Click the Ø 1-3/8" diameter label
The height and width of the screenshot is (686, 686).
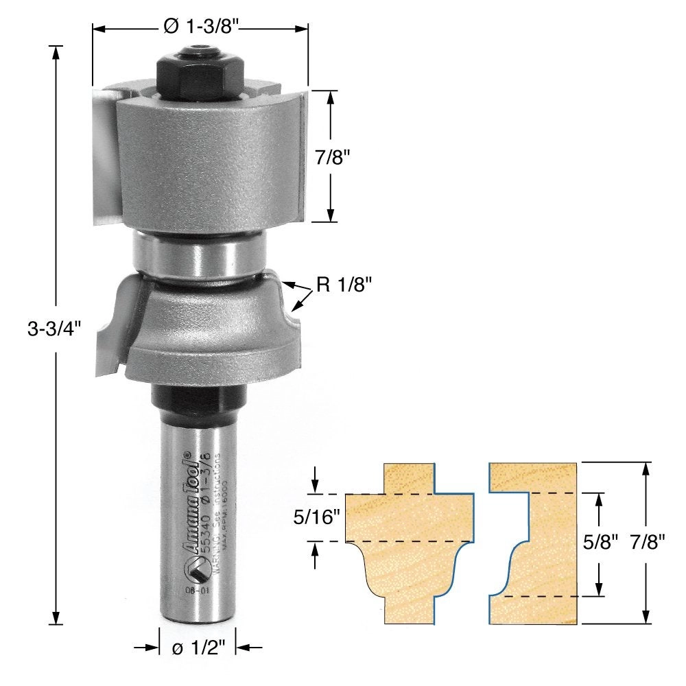[x=201, y=27]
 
